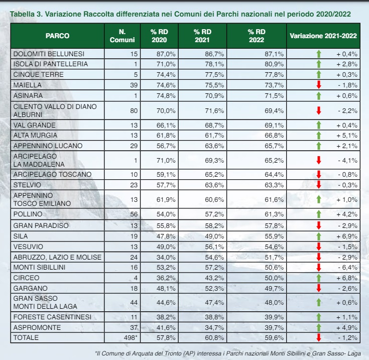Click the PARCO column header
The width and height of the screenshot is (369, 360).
click(57, 36)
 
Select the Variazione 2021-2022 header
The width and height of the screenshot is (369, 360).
click(323, 36)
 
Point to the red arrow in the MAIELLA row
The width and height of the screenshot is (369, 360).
click(318, 84)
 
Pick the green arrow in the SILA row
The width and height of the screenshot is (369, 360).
click(318, 236)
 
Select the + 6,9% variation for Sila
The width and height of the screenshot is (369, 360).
click(346, 236)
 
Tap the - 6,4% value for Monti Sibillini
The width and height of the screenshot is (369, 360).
click(346, 268)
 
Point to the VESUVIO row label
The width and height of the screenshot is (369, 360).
click(28, 247)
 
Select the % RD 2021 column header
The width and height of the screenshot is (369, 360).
click(202, 36)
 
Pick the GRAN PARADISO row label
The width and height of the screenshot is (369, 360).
click(41, 226)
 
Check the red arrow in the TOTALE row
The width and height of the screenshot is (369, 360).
click(318, 338)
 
